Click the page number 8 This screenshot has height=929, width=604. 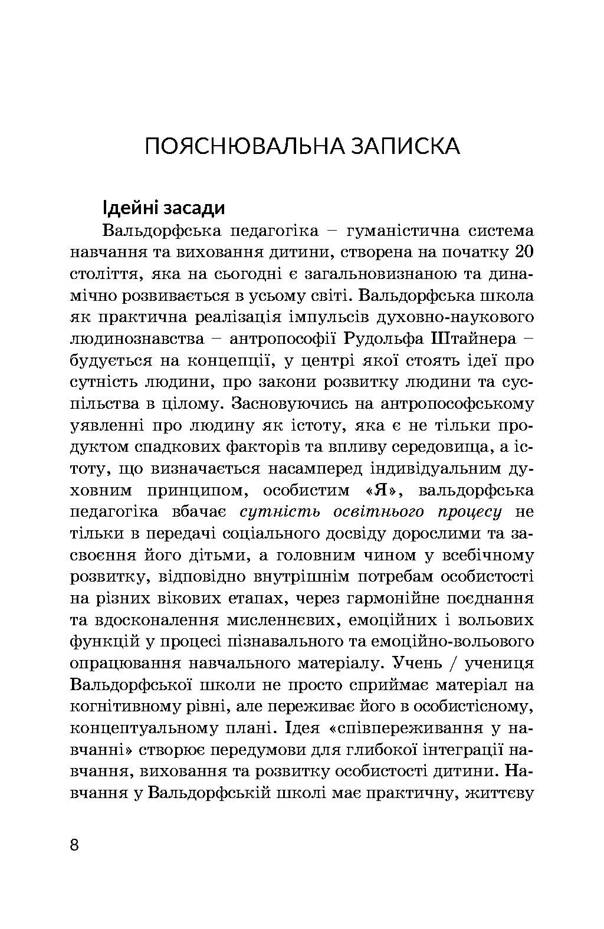pyautogui.click(x=74, y=845)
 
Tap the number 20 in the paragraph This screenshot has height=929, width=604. pyautogui.click(x=524, y=252)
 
